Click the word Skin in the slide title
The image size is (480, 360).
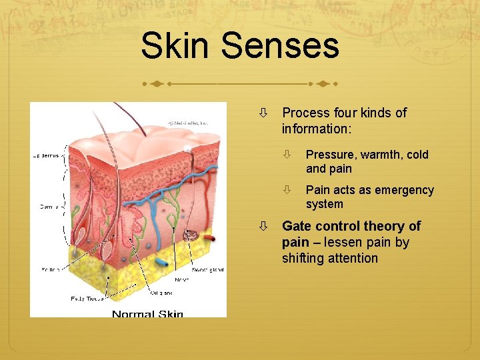click(176, 47)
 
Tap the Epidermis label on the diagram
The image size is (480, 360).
click(47, 155)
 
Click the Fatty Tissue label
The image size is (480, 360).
click(87, 299)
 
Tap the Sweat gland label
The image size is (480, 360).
click(207, 269)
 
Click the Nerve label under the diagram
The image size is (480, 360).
click(182, 280)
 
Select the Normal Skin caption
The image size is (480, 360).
click(147, 314)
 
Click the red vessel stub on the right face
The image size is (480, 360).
click(209, 237)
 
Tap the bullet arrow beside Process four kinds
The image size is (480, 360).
click(264, 113)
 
